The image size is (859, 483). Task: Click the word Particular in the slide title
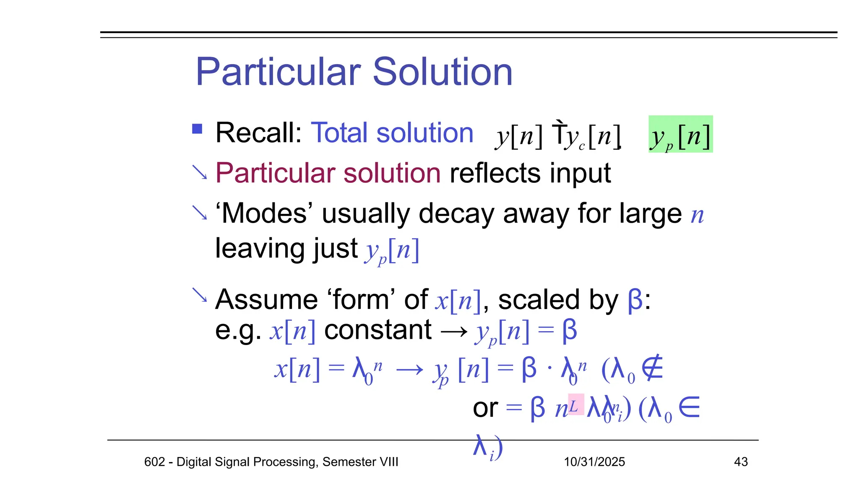(278, 72)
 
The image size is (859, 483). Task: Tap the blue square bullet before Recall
(197, 129)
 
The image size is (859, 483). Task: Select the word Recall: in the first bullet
(258, 133)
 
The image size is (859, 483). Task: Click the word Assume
(266, 300)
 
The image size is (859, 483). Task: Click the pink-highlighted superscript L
(575, 405)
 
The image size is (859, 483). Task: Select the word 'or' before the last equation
(485, 408)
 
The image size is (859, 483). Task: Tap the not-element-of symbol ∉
(653, 368)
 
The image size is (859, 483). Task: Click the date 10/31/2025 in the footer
(594, 462)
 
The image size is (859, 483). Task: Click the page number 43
(741, 462)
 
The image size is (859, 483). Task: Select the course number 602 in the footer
(154, 462)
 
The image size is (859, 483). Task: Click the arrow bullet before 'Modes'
(199, 213)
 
